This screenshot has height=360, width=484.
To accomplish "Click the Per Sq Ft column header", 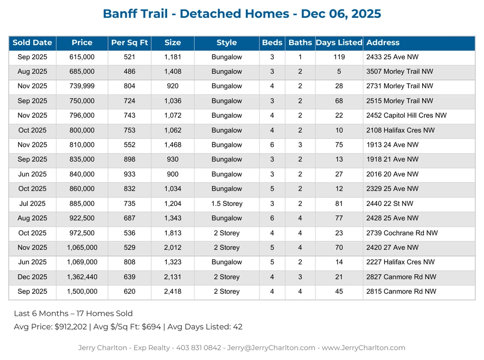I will (130, 43).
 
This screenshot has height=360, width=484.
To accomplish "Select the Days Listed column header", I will (339, 43).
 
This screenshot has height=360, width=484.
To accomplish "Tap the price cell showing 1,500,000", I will (82, 291).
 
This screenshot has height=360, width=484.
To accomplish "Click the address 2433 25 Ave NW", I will (393, 57).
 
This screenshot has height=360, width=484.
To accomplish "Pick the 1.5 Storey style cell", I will (227, 204).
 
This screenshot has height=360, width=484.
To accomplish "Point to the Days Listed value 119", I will (339, 57).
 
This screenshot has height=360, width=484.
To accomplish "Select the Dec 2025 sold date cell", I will (32, 277).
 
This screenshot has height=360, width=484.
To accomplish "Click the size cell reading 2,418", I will (173, 291).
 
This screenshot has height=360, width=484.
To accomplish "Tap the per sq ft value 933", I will (130, 174).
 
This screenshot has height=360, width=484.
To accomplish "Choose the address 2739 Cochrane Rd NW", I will (402, 233).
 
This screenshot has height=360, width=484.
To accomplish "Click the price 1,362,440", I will (82, 277).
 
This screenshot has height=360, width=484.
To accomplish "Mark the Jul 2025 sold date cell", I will (32, 204).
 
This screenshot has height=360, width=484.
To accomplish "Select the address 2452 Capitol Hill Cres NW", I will (406, 116).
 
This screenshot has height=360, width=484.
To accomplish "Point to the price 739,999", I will (82, 86).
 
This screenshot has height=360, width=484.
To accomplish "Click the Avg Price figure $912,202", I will (70, 327).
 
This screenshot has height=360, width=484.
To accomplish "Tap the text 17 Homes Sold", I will (103, 313).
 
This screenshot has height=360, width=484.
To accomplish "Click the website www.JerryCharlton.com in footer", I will (363, 347).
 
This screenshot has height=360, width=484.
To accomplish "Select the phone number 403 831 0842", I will (200, 347).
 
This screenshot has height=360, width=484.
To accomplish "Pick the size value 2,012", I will (173, 248).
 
